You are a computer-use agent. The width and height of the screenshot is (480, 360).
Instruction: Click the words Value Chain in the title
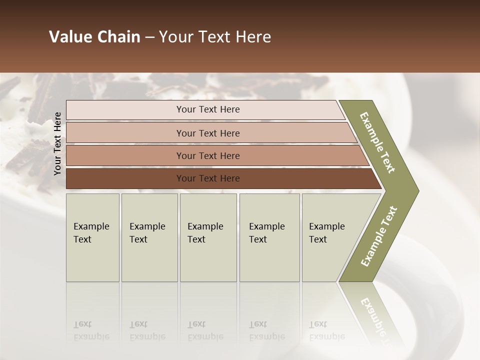pyautogui.click(x=94, y=37)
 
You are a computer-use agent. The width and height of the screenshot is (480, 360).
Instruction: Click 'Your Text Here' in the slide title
pyautogui.click(x=215, y=37)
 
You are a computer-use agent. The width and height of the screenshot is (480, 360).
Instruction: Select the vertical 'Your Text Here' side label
pyautogui.click(x=57, y=143)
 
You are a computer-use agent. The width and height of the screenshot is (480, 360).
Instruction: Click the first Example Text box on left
pyautogui.click(x=92, y=237)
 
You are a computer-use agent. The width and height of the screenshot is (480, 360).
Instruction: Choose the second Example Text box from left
pyautogui.click(x=149, y=237)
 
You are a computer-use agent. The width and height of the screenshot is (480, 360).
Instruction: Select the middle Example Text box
pyautogui.click(x=208, y=237)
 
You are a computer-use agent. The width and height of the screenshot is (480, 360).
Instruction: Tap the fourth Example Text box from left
pyautogui.click(x=269, y=237)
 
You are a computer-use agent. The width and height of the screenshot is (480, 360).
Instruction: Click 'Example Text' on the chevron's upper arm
pyautogui.click(x=377, y=142)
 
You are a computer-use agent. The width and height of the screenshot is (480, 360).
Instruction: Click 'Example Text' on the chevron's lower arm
pyautogui.click(x=379, y=236)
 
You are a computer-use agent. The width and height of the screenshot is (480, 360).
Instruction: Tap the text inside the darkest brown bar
pyautogui.click(x=208, y=178)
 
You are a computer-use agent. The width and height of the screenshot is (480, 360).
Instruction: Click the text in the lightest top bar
pyautogui.click(x=208, y=109)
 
